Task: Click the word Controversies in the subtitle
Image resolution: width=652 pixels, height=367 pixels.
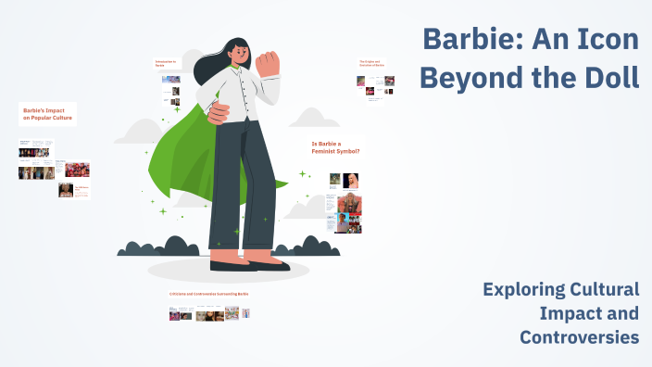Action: point(579,337)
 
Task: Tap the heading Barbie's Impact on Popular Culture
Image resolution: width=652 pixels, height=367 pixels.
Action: point(45,114)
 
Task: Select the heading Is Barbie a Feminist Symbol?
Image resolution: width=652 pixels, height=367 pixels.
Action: point(335,146)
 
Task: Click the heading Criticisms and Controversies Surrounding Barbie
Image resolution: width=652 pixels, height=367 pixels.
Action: point(208,294)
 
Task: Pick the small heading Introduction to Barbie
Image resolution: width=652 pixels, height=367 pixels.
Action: point(165,65)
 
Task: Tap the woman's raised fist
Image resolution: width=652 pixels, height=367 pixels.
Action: point(268,63)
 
